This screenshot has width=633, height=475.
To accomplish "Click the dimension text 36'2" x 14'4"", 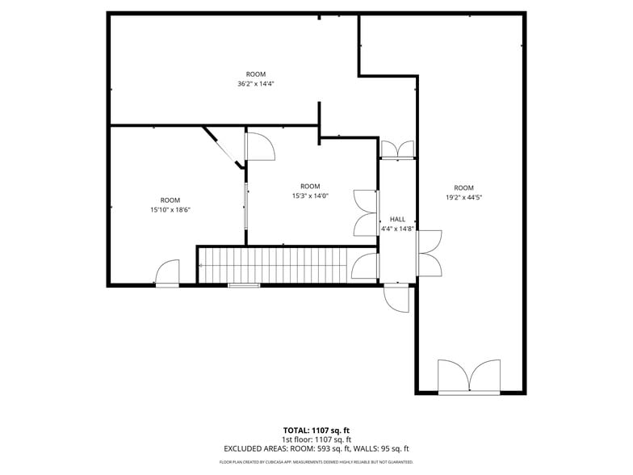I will coord(255,84).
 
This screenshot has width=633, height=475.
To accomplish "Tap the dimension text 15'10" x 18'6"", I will coord(170,210).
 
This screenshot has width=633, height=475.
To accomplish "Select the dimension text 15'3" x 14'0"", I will coord(310,195).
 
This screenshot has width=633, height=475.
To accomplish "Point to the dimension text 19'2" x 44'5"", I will coord(463,197).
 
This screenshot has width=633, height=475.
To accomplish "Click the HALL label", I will coord(397,219).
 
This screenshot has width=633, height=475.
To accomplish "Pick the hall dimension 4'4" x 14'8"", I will coord(397,229).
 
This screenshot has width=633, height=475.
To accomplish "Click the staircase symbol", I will coord(275,265).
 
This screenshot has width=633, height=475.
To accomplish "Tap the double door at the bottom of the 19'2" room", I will coord(468,376).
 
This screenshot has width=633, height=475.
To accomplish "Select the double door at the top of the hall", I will coord(397,149).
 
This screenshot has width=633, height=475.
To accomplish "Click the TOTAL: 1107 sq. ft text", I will coord(316,431).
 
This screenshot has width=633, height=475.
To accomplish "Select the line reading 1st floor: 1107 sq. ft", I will coord(316,439).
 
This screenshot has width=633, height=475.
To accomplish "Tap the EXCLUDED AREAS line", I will coord(316,448).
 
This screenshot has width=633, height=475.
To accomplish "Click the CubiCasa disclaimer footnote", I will coord(316,462).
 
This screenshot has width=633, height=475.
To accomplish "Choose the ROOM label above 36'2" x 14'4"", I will coord(255,74).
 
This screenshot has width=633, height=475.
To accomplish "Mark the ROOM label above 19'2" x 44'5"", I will coord(463,188).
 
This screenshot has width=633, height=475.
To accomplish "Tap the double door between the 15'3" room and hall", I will coord(366,214).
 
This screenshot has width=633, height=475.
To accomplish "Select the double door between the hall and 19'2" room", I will coord(428,252).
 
